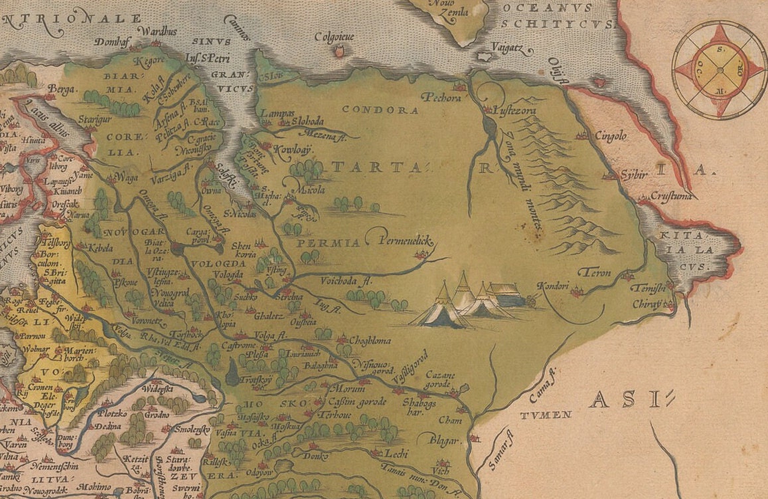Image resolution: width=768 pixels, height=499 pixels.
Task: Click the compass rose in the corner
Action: click(720, 69)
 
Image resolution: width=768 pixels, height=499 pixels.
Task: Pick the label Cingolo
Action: click(609, 136)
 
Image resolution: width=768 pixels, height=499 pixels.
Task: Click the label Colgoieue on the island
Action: click(339, 37)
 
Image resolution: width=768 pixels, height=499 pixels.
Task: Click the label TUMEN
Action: click(545, 415)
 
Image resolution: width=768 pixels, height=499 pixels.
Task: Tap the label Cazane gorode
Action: click(441, 379)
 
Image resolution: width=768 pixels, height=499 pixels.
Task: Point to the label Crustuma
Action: click(672, 196)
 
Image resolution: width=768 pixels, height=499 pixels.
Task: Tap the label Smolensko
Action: click(192, 430)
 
